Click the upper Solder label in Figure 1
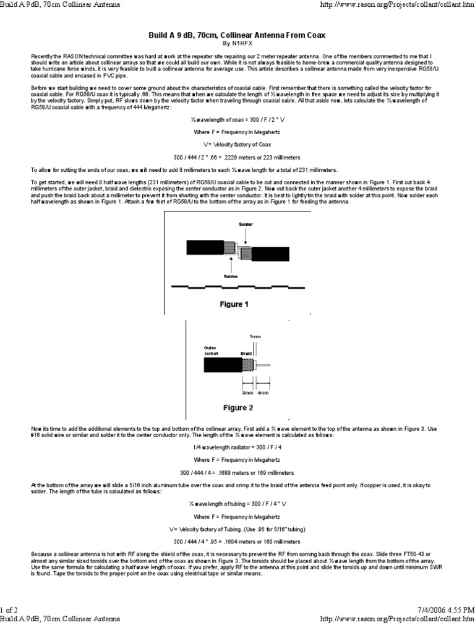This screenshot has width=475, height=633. coord(238,224)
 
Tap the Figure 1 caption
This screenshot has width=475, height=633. coord(234,304)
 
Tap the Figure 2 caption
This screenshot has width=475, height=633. coord(238,408)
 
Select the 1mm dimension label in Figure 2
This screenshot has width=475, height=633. coord(255,336)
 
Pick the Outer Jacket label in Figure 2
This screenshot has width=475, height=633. coord(212,350)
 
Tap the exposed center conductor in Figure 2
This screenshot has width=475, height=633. coord(264,366)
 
